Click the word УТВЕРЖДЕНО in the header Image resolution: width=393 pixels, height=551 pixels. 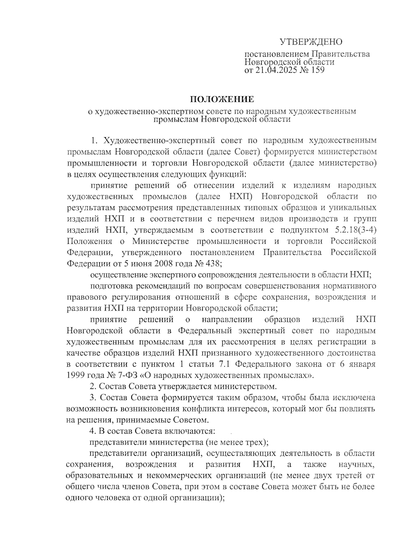click(x=311, y=42)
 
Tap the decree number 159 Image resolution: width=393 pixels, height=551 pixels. click(x=316, y=70)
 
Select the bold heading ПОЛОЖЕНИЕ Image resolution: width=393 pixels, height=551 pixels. click(x=222, y=99)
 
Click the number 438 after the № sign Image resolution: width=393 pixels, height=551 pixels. click(x=213, y=264)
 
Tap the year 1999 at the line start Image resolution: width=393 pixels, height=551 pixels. click(x=76, y=375)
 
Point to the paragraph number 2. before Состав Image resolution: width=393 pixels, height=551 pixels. click(x=93, y=387)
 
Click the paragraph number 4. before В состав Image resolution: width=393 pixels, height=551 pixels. click(x=93, y=431)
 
